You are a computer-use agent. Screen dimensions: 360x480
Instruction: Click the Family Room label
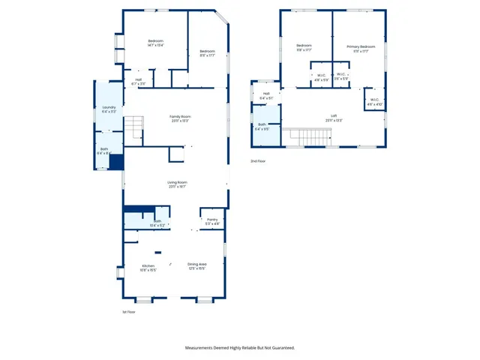pyautogui.click(x=180, y=117)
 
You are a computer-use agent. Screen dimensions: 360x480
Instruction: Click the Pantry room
pyautogui.click(x=212, y=220)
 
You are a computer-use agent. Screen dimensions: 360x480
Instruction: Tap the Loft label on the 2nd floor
pyautogui.click(x=334, y=116)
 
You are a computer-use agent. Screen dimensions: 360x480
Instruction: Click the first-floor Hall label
pyautogui.click(x=138, y=80)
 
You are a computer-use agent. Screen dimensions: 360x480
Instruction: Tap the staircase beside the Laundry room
pyautogui.click(x=133, y=127)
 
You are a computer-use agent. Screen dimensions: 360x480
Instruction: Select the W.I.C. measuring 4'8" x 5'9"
pyautogui.click(x=321, y=76)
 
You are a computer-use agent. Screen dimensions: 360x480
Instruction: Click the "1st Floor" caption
pyautogui.click(x=128, y=311)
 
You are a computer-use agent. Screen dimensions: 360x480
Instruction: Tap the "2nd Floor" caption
pyautogui.click(x=257, y=161)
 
